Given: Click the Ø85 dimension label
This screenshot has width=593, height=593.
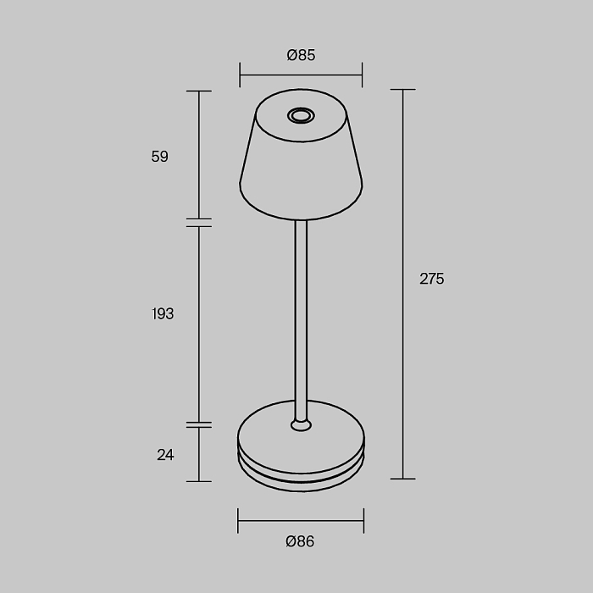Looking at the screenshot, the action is click(x=301, y=55).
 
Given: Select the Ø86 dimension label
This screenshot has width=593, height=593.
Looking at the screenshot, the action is click(x=300, y=541).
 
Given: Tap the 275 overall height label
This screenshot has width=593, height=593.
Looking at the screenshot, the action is click(x=432, y=279).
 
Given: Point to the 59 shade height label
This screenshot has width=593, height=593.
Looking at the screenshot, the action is click(x=159, y=156).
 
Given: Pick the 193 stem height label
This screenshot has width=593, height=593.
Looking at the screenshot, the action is click(x=163, y=313).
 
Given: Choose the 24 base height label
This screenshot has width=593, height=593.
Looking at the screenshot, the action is click(x=165, y=455).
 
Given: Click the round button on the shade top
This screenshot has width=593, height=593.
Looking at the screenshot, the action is click(x=301, y=115).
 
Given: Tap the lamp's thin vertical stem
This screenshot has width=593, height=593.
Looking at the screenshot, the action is click(x=301, y=319).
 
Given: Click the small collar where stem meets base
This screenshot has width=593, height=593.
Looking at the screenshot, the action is click(x=301, y=425).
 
